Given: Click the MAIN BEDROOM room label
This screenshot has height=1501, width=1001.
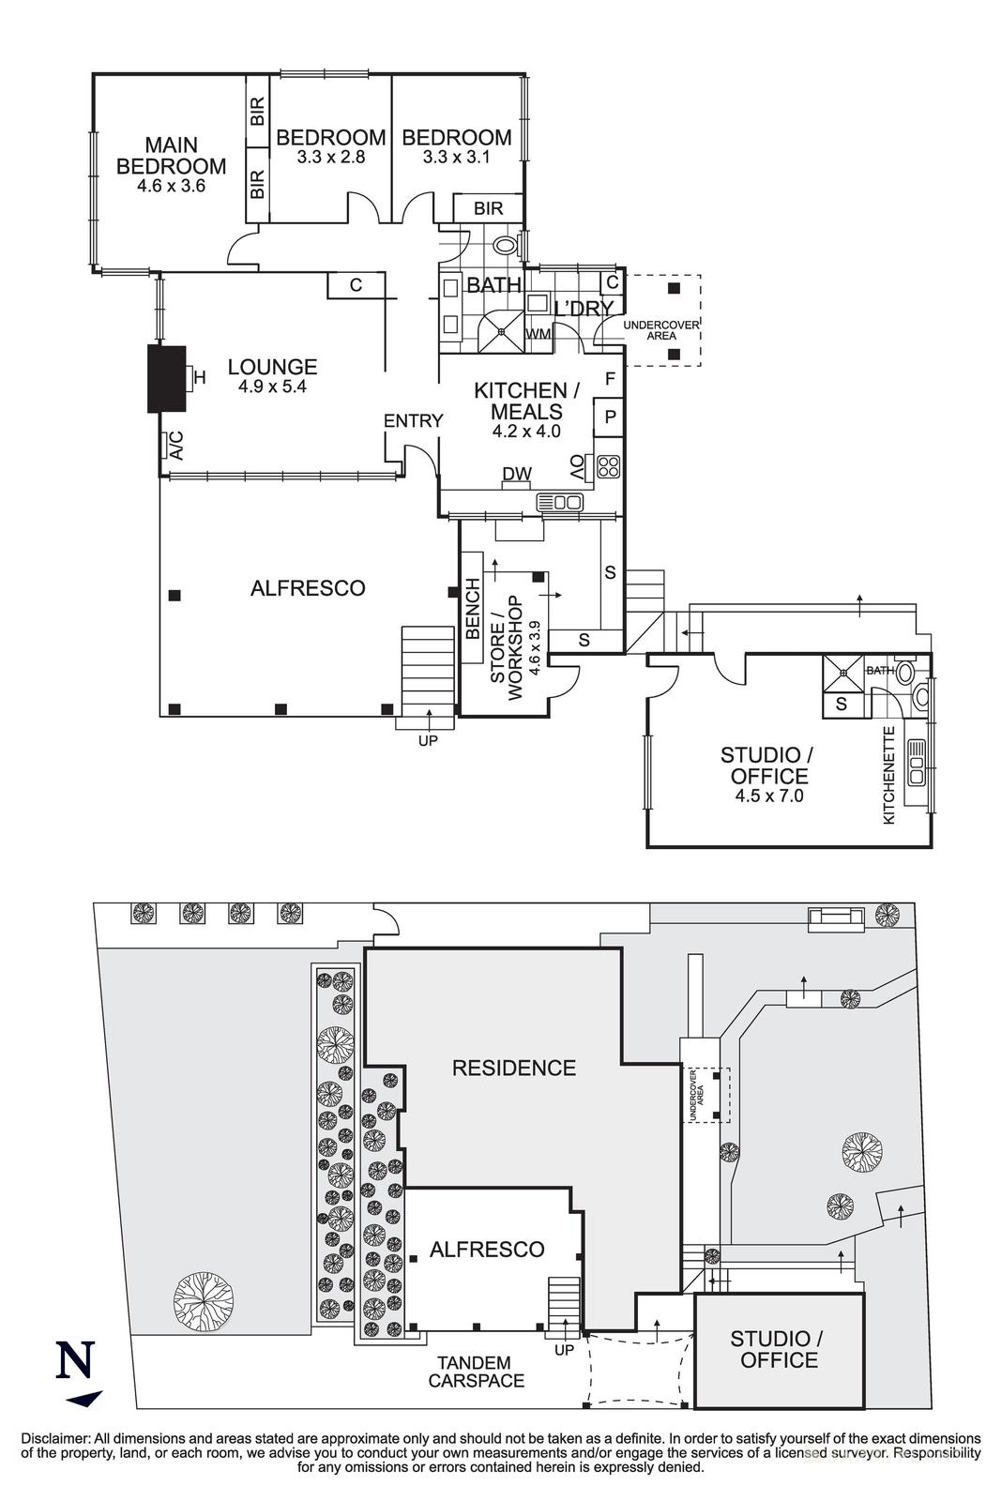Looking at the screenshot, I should [x=171, y=156].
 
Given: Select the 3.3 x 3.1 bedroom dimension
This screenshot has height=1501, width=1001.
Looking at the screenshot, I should [x=457, y=158].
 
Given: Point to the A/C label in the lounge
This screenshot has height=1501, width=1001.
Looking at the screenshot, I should [x=174, y=447].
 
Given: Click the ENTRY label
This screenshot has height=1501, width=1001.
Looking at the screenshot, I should [x=413, y=421].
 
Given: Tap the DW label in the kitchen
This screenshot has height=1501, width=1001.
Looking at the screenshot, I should [x=516, y=475].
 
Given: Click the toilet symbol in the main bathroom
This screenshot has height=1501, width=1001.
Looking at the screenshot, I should [x=506, y=247].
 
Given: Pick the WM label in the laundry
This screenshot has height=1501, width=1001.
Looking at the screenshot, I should [x=538, y=333].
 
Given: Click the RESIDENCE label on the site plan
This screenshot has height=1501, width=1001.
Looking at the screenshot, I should [x=513, y=1068].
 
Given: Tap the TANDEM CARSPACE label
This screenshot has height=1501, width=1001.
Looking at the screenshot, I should [x=476, y=1372].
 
